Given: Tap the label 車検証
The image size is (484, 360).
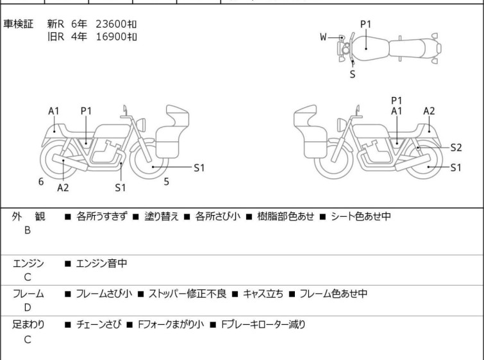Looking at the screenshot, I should click(19, 24).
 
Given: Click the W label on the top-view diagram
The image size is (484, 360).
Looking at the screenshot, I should click(324, 37).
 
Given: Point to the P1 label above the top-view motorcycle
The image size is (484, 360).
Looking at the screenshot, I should click(365, 24).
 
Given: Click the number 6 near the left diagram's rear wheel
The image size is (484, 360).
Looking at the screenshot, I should click(41, 182).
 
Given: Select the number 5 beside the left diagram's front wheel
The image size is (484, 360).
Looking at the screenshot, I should click(166, 182).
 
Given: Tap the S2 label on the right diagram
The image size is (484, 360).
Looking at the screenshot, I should click(456, 147).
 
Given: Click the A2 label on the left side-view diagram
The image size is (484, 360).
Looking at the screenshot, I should click(63, 187).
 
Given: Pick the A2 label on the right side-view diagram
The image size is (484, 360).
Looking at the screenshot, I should click(429, 110).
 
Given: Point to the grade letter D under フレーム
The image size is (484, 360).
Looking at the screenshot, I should click(28, 309).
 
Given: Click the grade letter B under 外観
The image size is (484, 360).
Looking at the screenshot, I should click(28, 230).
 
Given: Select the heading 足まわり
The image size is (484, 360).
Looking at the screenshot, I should click(29, 325).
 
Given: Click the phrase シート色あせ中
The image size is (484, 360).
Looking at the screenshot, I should click(361, 217).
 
